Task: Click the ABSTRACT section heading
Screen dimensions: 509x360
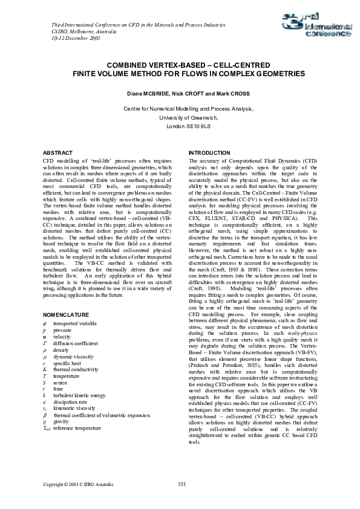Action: click(59, 153)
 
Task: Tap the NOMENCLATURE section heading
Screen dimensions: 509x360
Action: click(67, 315)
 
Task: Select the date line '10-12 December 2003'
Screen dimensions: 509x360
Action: click(70, 37)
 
